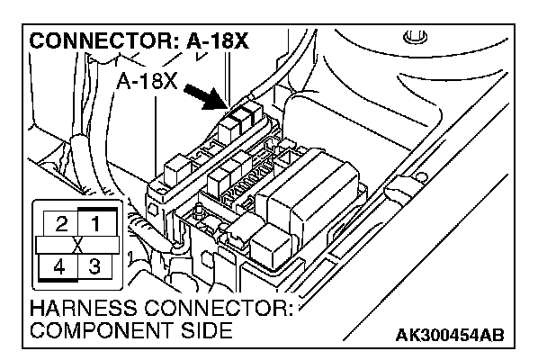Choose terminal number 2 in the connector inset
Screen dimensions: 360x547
(59, 221)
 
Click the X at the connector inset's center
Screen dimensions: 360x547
(76, 245)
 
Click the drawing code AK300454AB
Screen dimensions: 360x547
(450, 337)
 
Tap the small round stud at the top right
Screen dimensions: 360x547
(413, 39)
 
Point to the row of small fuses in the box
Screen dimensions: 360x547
(245, 188)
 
